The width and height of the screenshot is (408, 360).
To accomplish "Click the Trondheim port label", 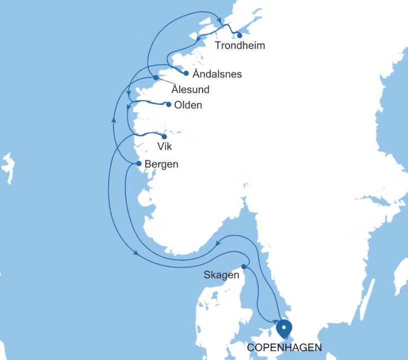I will [x=239, y=46].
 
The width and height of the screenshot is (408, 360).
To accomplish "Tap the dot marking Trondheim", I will [x=240, y=35].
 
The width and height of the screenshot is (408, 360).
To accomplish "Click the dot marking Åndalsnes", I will [x=186, y=73].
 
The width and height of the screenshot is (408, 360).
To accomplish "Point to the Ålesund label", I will [x=190, y=90].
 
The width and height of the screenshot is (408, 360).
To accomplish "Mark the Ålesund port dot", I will [x=156, y=78].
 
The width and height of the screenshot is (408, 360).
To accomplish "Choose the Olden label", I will [x=188, y=105].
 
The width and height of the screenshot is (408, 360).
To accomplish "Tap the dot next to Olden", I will [x=169, y=105].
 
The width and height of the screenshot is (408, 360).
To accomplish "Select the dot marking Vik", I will [x=164, y=136].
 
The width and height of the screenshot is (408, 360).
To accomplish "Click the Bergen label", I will [x=161, y=164].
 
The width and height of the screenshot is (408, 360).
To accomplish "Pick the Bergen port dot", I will [x=139, y=163].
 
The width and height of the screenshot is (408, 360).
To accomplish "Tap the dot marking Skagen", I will [x=244, y=266].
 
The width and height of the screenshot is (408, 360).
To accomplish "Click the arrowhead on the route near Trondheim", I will [x=220, y=21].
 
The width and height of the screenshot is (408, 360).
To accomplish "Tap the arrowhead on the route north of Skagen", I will [x=219, y=244].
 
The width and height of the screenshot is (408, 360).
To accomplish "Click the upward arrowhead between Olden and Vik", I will [x=113, y=120].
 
